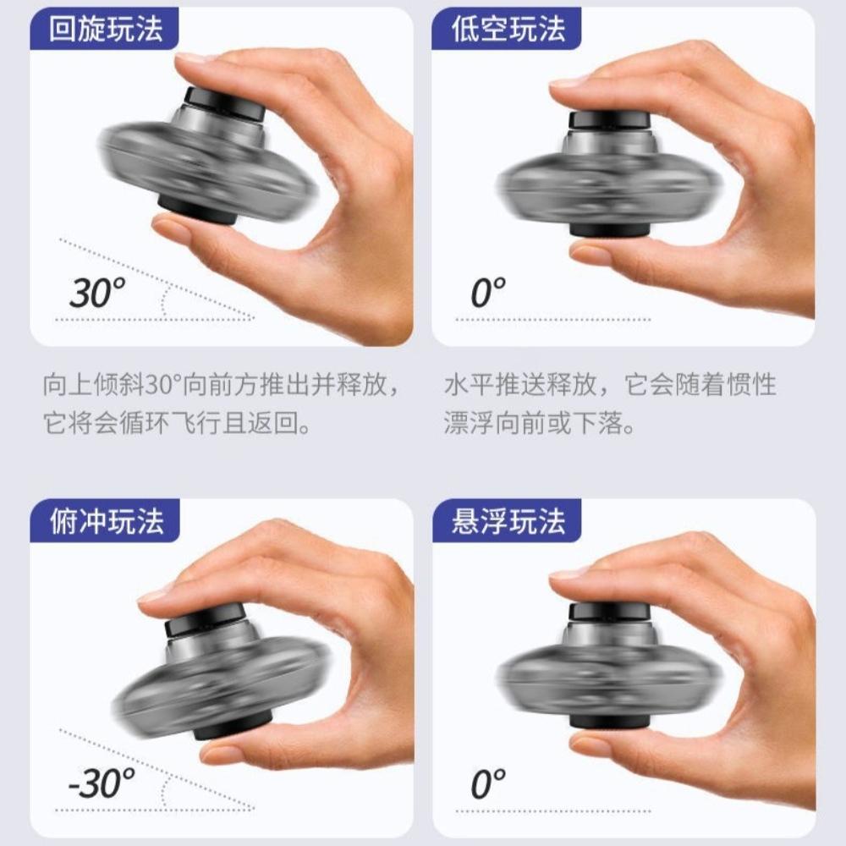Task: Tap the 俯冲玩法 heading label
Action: click(x=106, y=522)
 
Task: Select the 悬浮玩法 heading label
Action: click(x=507, y=522)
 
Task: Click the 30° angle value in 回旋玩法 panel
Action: click(x=96, y=293)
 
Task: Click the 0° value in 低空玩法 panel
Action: click(x=487, y=293)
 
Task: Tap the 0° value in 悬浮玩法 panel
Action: click(x=487, y=784)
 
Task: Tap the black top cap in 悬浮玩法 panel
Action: click(x=609, y=611)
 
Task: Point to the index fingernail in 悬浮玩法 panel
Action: click(x=569, y=573)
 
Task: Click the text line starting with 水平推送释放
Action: click(x=610, y=386)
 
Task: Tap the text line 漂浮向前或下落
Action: click(x=540, y=424)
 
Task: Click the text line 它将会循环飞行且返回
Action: click(x=176, y=424)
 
